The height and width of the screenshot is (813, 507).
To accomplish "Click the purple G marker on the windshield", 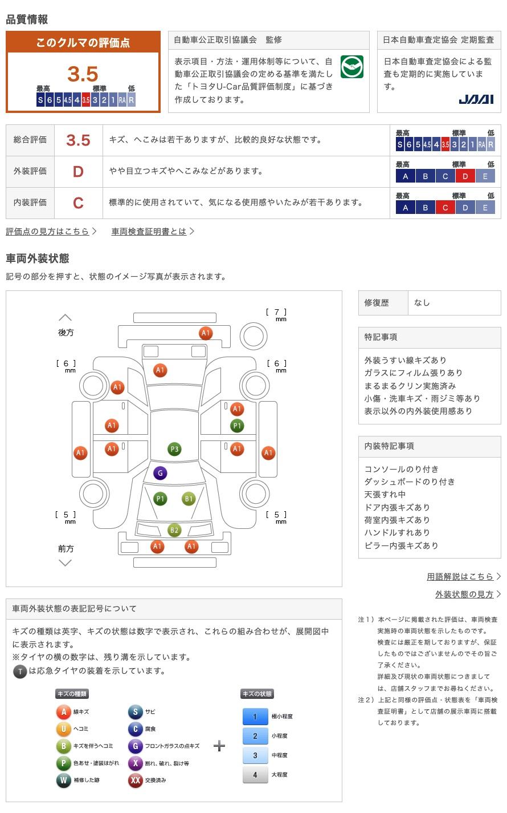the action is (x=160, y=473).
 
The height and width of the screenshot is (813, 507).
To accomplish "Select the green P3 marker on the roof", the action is (x=174, y=449).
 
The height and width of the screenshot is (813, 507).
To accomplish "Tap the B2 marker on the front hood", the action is (x=174, y=530).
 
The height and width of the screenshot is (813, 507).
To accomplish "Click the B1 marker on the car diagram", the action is (x=189, y=499).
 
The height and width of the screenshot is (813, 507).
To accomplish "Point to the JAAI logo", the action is (x=476, y=99).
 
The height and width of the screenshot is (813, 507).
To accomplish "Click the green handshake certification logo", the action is (x=352, y=67).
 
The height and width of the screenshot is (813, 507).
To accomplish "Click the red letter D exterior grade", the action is (x=78, y=172).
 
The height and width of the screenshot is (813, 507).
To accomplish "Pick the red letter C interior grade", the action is (x=78, y=203).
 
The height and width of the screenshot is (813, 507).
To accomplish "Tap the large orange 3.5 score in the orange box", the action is (x=83, y=74).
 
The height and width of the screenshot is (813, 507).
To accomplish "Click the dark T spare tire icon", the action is (x=20, y=672).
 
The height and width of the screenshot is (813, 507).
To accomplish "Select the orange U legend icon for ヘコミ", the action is (x=63, y=729).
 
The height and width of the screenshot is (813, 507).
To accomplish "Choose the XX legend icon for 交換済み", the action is (x=135, y=780).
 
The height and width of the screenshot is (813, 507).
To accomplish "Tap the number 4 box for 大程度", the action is (x=255, y=775).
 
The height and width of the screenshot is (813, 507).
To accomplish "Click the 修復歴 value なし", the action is (x=422, y=303).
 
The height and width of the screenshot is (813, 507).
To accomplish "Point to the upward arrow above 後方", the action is (x=66, y=317).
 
